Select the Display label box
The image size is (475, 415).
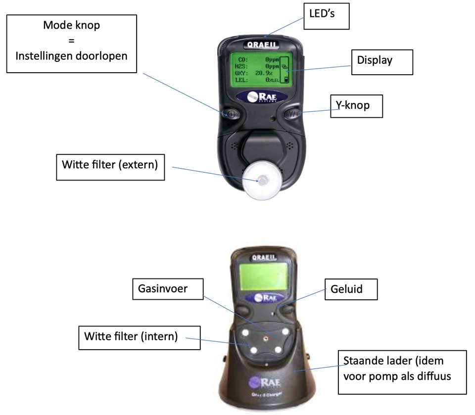pos(381,61)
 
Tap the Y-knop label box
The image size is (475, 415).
pos(356,105)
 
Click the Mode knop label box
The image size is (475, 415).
pos(71,44)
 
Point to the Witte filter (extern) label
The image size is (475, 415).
pos(109,165)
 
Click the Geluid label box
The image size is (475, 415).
pos(351,289)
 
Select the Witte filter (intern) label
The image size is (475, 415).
pos(131,338)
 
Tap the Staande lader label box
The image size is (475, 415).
pos(402,372)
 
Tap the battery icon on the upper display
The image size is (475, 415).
pos(285,79)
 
